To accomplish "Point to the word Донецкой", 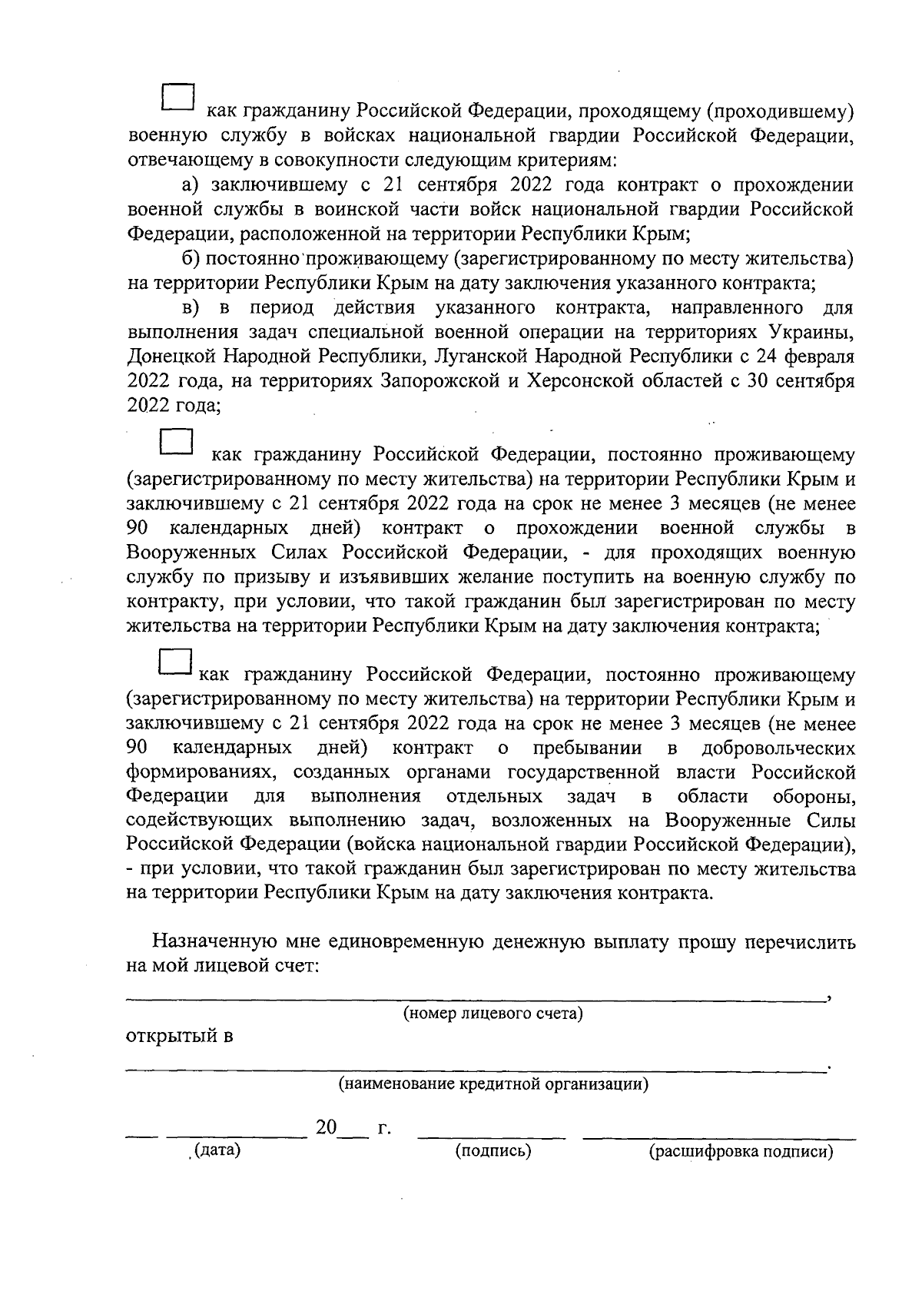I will pyautogui.click(x=170, y=357).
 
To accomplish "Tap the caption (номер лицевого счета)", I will pyautogui.click(x=493, y=1014).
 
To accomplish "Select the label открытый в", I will pyautogui.click(x=179, y=1036).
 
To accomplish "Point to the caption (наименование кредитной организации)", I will pyautogui.click(x=493, y=1084).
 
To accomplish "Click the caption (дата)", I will pyautogui.click(x=217, y=1150).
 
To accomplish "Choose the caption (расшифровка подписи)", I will pyautogui.click(x=741, y=1152).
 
